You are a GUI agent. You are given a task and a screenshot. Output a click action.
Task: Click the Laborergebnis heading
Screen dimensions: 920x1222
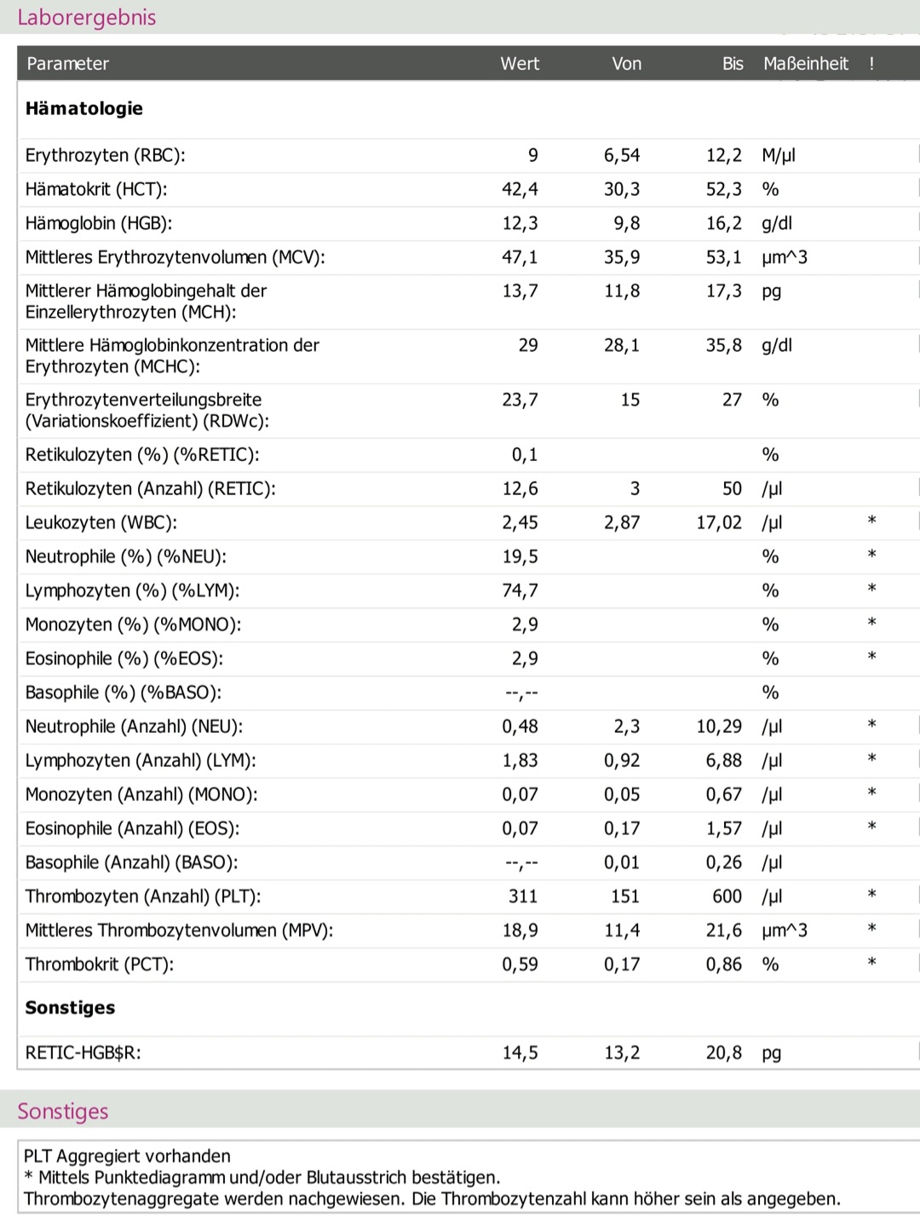tap(86, 18)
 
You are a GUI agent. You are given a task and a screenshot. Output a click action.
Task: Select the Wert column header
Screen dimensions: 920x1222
tap(520, 63)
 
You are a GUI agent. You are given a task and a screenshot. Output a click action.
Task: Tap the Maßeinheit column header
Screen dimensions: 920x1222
tap(805, 63)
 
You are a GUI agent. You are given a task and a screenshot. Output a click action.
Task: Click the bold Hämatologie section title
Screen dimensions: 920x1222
tap(84, 108)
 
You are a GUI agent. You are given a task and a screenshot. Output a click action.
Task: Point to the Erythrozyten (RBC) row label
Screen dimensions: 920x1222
tap(105, 155)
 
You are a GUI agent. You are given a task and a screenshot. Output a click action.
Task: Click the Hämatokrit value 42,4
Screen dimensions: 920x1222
tap(520, 189)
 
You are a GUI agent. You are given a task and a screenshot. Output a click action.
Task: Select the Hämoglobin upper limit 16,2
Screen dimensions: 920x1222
tap(723, 223)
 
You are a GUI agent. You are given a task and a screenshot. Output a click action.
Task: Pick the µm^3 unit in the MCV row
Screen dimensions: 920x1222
tap(785, 257)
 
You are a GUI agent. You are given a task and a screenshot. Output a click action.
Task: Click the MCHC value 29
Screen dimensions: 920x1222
tap(528, 345)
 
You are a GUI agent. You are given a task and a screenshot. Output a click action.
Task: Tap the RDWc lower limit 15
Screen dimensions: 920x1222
tap(630, 400)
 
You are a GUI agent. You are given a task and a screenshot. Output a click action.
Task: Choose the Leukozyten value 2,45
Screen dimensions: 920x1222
tap(520, 522)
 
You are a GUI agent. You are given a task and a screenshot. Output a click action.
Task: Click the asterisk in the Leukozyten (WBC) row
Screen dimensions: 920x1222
tap(871, 521)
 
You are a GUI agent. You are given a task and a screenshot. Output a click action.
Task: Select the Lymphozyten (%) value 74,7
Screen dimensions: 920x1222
tap(520, 591)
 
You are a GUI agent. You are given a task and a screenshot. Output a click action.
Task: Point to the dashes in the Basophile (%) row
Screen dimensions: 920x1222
tap(521, 693)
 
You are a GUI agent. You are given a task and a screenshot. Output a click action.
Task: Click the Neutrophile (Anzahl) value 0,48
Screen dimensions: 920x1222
tap(520, 727)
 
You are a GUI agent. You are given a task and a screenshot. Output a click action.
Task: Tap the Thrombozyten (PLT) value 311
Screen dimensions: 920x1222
tap(523, 896)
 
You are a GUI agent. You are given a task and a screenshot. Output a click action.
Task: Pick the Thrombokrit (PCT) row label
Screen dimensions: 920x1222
tap(100, 965)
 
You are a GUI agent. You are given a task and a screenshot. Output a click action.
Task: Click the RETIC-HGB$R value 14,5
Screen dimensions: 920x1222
tap(520, 1052)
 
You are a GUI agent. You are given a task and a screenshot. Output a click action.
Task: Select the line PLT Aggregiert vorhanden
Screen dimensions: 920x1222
tap(127, 1156)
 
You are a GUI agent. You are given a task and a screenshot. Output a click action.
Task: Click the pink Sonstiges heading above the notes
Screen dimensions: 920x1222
tap(63, 1111)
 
